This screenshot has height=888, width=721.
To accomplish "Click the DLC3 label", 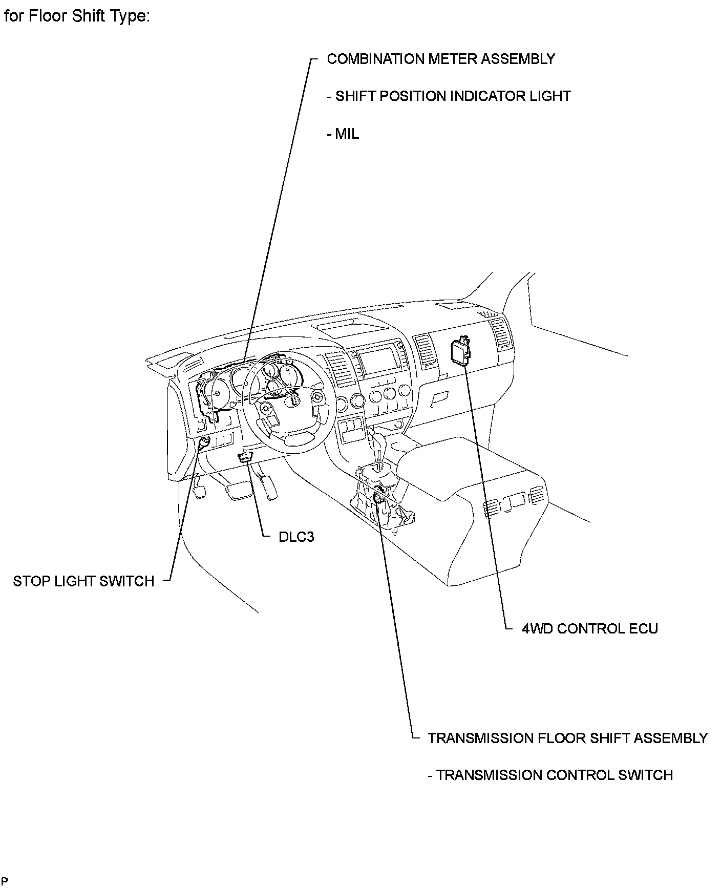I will pyautogui.click(x=296, y=537).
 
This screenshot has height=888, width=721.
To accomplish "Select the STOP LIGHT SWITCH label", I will pyautogui.click(x=83, y=581).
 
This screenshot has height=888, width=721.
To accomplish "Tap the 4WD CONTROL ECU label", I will pyautogui.click(x=589, y=628).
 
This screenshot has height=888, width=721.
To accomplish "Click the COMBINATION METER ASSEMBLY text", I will pyautogui.click(x=440, y=59).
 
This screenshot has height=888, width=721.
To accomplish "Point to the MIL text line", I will pyautogui.click(x=343, y=134).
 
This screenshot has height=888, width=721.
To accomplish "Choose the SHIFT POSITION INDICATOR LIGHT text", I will pyautogui.click(x=449, y=96).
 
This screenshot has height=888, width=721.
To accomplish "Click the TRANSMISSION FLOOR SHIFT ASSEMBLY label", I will pyautogui.click(x=567, y=738).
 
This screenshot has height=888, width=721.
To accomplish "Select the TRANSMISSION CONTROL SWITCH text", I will pyautogui.click(x=550, y=775).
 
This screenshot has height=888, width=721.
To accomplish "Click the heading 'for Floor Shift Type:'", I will pyautogui.click(x=77, y=16).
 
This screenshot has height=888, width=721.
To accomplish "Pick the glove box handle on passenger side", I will pyautogui.click(x=439, y=398).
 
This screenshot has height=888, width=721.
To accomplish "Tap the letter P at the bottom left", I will pyautogui.click(x=5, y=881).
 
